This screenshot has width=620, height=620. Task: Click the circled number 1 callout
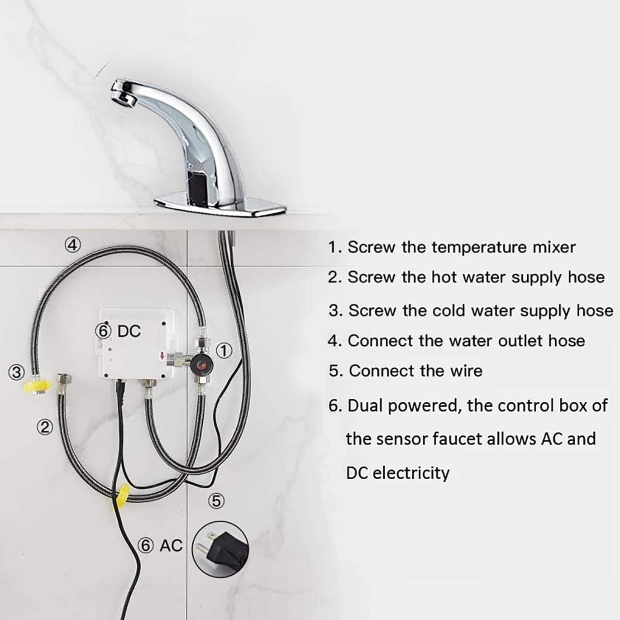[224, 350]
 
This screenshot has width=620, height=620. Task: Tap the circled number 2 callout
[44, 427]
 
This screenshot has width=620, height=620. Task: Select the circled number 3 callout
[16, 372]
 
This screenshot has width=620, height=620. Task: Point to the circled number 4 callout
[72, 245]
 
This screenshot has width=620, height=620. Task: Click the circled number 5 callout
[216, 501]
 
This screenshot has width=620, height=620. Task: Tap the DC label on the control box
[129, 331]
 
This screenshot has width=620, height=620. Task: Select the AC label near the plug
[171, 545]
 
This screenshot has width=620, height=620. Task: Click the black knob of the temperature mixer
[201, 363]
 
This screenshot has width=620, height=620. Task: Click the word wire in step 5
[466, 371]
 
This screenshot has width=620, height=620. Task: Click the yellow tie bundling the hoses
[122, 496]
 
